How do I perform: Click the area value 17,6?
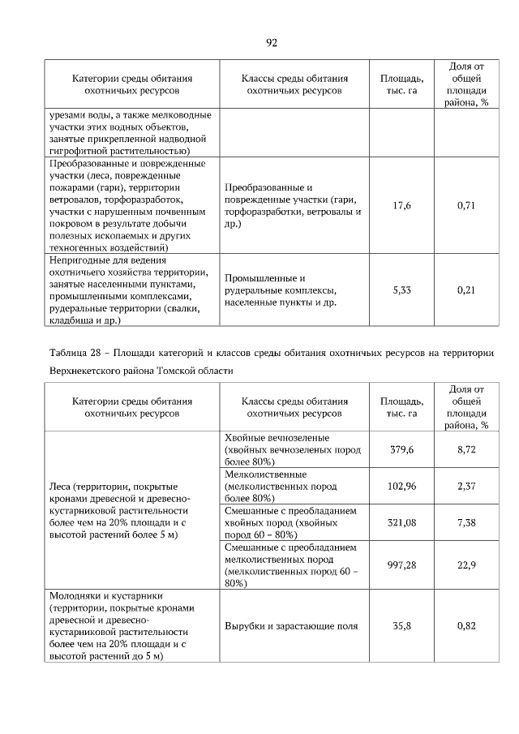coord(401,206)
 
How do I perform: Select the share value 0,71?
coord(465,206)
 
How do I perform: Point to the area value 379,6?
coord(401,449)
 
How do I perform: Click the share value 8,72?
coord(465,449)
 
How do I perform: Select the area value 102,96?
coord(401,486)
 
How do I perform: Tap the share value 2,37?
coord(465,486)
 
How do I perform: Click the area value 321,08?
coord(401,523)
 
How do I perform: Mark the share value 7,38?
coord(465,523)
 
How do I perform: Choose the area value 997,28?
coord(401,565)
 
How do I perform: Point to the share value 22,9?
coord(465,565)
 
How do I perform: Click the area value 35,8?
coord(401,626)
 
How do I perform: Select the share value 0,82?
coord(465,626)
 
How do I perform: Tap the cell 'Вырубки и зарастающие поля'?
coord(291,626)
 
